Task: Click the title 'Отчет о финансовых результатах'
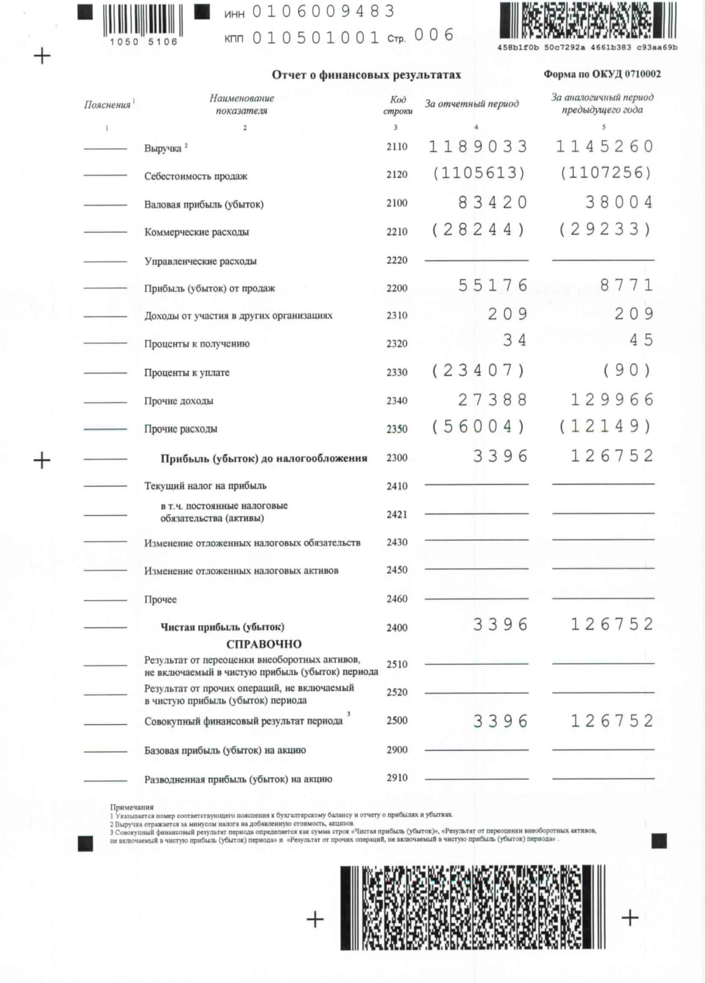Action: (x=366, y=75)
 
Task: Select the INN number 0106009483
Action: (x=324, y=11)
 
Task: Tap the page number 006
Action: (x=434, y=35)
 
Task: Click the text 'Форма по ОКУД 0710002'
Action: (x=602, y=74)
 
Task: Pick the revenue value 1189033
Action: (x=478, y=146)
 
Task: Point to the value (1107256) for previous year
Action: (x=606, y=173)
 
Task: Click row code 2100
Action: (x=397, y=203)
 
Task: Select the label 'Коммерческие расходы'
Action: (x=197, y=232)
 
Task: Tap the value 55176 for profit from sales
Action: (x=493, y=286)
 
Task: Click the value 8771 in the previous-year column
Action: (x=627, y=286)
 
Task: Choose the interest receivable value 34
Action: (x=515, y=341)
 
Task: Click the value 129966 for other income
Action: (x=612, y=400)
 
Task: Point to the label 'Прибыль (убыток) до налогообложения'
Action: (x=264, y=459)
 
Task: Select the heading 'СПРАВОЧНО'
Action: (x=264, y=644)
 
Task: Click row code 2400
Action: (x=397, y=627)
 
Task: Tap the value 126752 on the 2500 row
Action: (x=612, y=721)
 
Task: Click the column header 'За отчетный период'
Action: (x=472, y=104)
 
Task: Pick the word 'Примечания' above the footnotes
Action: (x=132, y=807)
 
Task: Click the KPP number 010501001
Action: (x=316, y=37)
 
